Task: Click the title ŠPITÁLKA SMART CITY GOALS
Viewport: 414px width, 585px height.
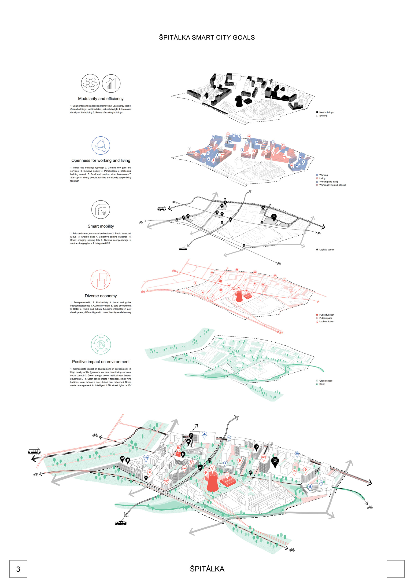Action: click(207, 37)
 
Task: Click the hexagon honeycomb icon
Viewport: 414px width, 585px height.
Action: click(90, 83)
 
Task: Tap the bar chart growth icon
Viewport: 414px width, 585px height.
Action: click(111, 83)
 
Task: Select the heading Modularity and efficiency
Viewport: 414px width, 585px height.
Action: click(101, 99)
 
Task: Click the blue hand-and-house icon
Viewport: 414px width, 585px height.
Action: click(101, 146)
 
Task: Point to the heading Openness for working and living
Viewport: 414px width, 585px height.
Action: click(101, 161)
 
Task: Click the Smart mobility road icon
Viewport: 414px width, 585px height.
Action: click(101, 209)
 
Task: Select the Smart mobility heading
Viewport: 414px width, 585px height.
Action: click(101, 226)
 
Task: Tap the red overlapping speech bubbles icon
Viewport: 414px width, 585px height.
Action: click(100, 279)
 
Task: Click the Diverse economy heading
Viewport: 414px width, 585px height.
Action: click(101, 296)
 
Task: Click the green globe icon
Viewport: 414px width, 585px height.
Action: click(101, 344)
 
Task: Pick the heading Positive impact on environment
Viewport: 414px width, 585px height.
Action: click(101, 362)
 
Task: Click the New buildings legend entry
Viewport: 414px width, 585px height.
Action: click(326, 112)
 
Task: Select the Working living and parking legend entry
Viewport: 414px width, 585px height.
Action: click(332, 185)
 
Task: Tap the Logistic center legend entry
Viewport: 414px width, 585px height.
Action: click(326, 250)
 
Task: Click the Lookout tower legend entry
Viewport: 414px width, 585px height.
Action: click(326, 322)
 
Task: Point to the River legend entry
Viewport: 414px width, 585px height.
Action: click(322, 384)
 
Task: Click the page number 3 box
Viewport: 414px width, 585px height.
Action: click(18, 569)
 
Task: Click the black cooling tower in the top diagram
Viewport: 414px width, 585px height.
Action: click(238, 101)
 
